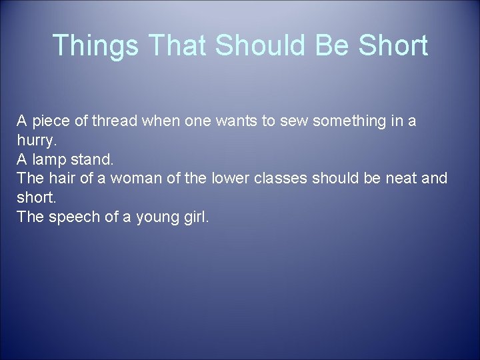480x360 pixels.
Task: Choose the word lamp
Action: click(50, 160)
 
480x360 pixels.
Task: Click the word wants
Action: click(241, 121)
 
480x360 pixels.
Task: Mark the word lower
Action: click(228, 179)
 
